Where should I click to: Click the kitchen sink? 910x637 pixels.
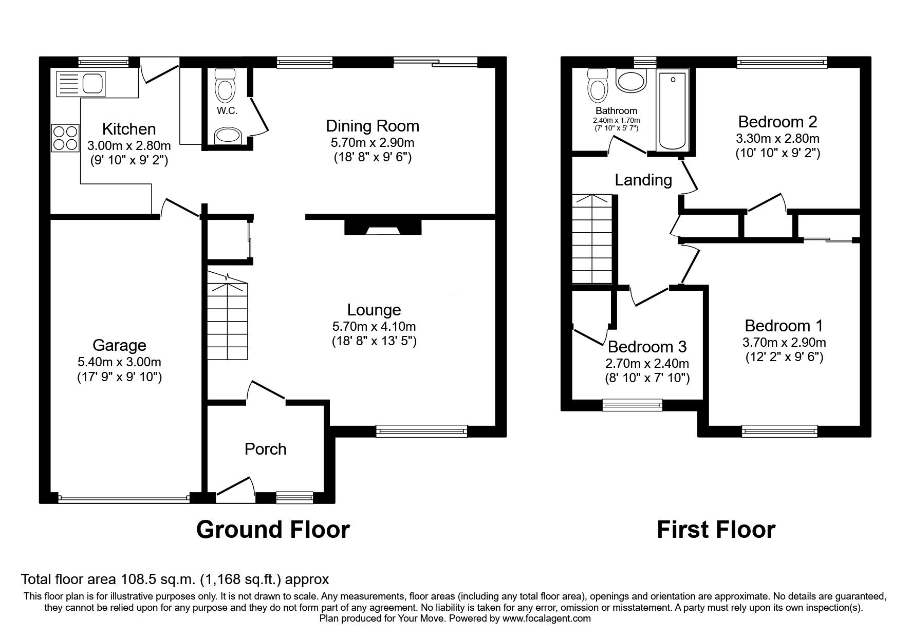tap(80, 83)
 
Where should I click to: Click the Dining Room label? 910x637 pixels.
tap(373, 126)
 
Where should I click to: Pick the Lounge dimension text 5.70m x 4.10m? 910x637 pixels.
tap(374, 326)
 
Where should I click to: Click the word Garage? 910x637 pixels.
tap(119, 345)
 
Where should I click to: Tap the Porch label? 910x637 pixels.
tap(265, 449)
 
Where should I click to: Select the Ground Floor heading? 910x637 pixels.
tap(273, 530)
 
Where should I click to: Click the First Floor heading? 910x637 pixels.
tap(716, 530)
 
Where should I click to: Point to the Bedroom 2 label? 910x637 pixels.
tap(777, 122)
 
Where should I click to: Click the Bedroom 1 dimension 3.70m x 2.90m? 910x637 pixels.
tap(784, 342)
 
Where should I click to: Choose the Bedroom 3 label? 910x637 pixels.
tap(647, 347)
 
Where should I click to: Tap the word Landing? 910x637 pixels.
tap(643, 180)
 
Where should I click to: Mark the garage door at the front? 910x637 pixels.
tap(123, 498)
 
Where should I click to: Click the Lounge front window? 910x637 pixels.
tap(422, 431)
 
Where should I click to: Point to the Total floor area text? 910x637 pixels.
tap(175, 580)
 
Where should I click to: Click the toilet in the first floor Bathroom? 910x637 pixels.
tap(597, 85)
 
